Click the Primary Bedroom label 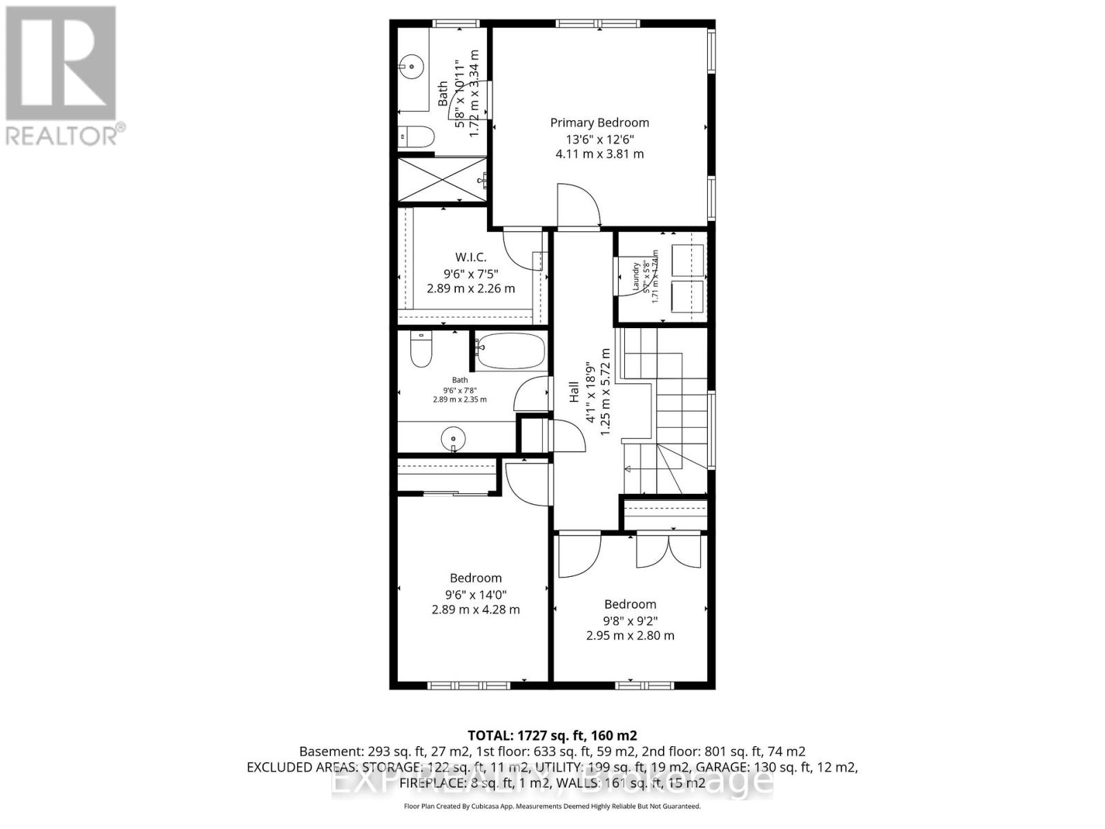click(599, 123)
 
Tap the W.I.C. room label click(470, 258)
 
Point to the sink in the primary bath click(411, 67)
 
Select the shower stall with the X click(442, 180)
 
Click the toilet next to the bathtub click(421, 350)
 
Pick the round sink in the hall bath click(453, 439)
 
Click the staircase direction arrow click(628, 470)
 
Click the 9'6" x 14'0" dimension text click(476, 594)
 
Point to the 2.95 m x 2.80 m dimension click(630, 636)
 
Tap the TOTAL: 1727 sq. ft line click(552, 735)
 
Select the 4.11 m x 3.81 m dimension click(599, 154)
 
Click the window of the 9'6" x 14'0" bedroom click(468, 685)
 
